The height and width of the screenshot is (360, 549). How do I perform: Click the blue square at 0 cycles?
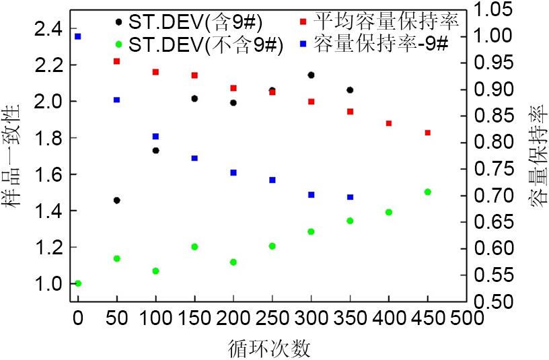coord(78,36)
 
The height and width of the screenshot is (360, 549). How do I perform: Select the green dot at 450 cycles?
coord(427,192)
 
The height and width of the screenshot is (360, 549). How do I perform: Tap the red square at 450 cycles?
coord(427,133)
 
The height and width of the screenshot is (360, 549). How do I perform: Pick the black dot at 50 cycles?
coord(117,201)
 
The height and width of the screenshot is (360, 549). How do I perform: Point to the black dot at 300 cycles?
coord(311,75)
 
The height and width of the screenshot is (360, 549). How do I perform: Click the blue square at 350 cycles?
coord(350,197)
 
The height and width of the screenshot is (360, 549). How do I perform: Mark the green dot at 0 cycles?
coord(78,283)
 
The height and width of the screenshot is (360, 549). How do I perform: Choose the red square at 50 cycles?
coord(117,61)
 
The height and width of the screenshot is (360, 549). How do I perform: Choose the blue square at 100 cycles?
coord(156,137)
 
